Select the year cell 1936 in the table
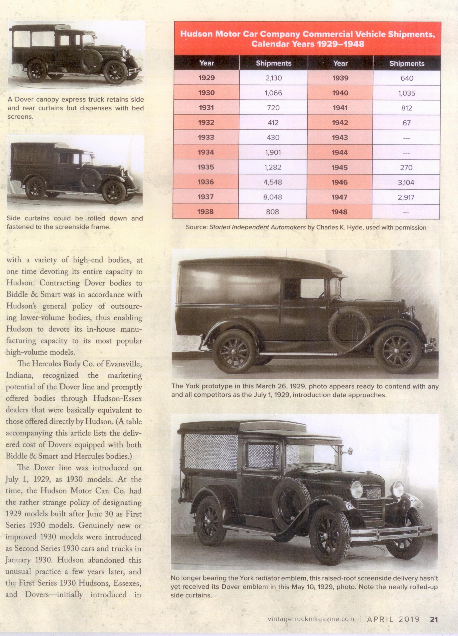pyautogui.click(x=206, y=182)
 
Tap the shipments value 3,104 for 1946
pyautogui.click(x=406, y=182)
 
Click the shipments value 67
pyautogui.click(x=407, y=123)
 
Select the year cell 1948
pyautogui.click(x=339, y=212)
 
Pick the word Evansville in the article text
pyautogui.click(x=122, y=364)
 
